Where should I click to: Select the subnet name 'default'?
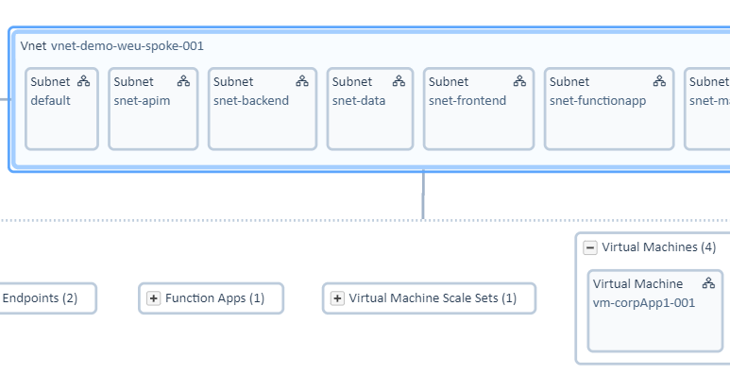pyautogui.click(x=50, y=101)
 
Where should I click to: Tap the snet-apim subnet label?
pyautogui.click(x=142, y=101)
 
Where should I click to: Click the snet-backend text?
pyautogui.click(x=250, y=101)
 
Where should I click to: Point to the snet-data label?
pyautogui.click(x=358, y=101)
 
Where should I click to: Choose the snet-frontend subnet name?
pyautogui.click(x=467, y=101)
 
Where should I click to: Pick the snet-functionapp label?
pyautogui.click(x=597, y=101)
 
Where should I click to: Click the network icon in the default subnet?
pyautogui.click(x=84, y=81)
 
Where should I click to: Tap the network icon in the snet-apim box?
pyautogui.click(x=183, y=81)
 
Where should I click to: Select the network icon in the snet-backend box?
pyautogui.click(x=302, y=81)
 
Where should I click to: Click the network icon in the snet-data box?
pyautogui.click(x=399, y=81)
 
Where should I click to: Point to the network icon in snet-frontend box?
pyautogui.click(x=519, y=81)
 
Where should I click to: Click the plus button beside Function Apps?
pyautogui.click(x=153, y=298)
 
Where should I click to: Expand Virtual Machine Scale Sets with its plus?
pyautogui.click(x=337, y=298)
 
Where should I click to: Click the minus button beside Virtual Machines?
pyautogui.click(x=590, y=247)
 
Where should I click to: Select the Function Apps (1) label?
pyautogui.click(x=214, y=298)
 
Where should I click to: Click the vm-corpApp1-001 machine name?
pyautogui.click(x=643, y=303)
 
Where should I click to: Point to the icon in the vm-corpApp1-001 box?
pyautogui.click(x=708, y=283)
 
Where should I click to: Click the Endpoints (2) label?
pyautogui.click(x=40, y=298)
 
